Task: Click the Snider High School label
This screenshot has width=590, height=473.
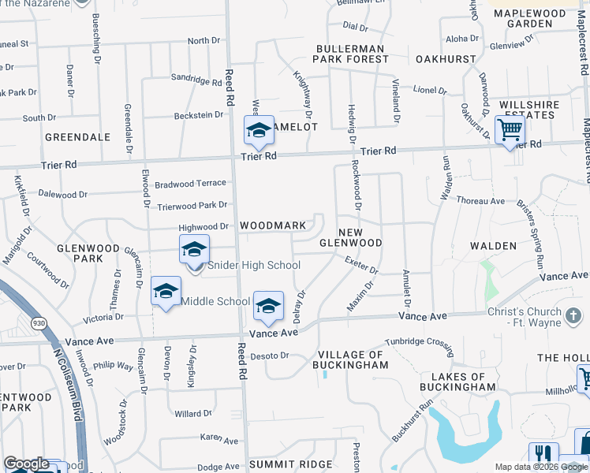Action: click(x=254, y=266)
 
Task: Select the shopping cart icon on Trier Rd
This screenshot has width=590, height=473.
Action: click(x=510, y=128)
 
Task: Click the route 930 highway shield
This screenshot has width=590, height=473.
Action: click(x=38, y=322)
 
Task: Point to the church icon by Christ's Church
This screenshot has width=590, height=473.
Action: click(x=574, y=316)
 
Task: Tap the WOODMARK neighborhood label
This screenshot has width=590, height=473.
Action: click(x=273, y=225)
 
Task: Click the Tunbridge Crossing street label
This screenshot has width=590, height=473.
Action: click(x=419, y=344)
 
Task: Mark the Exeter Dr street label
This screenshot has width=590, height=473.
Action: click(x=362, y=266)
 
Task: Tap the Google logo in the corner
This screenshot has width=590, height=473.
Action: click(x=26, y=464)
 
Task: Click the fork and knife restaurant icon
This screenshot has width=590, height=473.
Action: click(x=543, y=456)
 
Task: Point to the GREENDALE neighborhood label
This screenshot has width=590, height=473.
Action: click(x=77, y=137)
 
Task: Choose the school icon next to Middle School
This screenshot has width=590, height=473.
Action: click(x=166, y=292)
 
